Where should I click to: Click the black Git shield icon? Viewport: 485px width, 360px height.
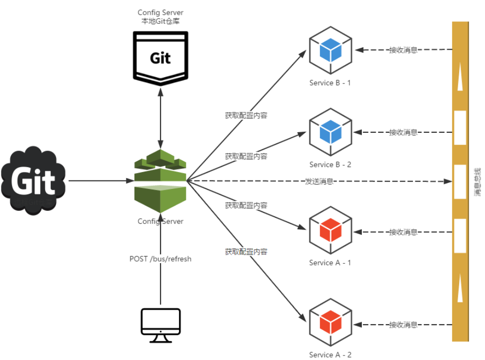coord(160,56)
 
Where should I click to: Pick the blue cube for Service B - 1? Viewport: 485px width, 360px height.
coord(330,50)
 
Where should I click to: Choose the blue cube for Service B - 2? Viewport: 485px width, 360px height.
coord(330,132)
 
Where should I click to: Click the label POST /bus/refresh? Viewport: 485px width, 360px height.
coord(161,259)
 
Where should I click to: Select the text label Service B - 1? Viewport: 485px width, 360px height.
coord(330,83)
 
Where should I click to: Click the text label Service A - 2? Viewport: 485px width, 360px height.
coord(330,355)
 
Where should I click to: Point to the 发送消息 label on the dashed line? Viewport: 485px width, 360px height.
coord(319,181)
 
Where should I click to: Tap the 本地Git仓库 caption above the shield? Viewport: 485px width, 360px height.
coord(160,21)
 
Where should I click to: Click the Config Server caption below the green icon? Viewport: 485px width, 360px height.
coord(161,221)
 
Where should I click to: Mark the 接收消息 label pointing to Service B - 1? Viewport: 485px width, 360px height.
coord(403,50)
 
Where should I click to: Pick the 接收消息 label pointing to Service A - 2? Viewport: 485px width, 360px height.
coord(403,325)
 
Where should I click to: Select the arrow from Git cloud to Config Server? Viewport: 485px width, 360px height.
coord(99,181)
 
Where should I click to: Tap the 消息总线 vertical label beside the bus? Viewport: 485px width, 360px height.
coord(477,181)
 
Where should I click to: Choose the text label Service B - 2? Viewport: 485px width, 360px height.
coord(330,165)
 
